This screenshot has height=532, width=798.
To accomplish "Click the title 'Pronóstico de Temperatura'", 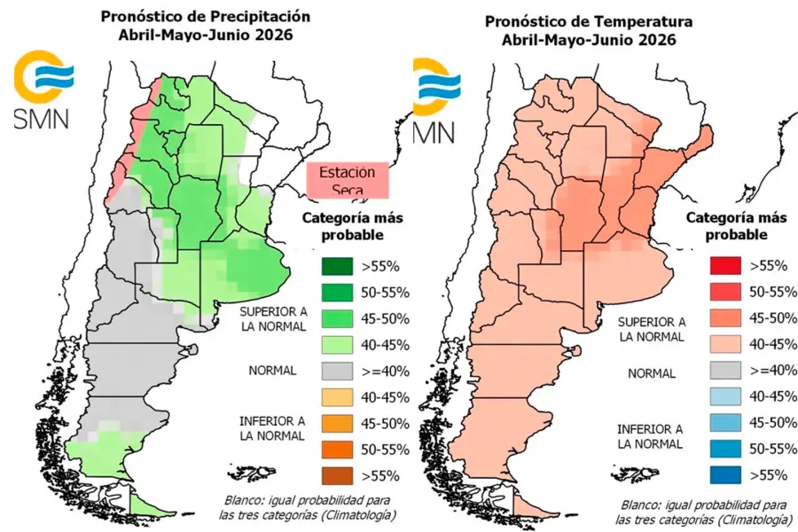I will (587, 20).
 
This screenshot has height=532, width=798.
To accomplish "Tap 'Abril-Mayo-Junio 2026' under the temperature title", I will (587, 40).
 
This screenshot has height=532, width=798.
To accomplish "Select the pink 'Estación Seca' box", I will (348, 181).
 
